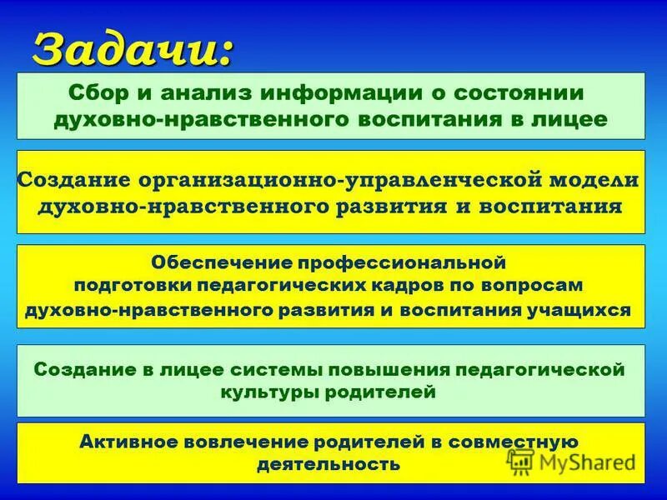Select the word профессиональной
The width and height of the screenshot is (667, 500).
coord(404,262)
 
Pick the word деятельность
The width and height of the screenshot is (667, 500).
coord(329,464)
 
